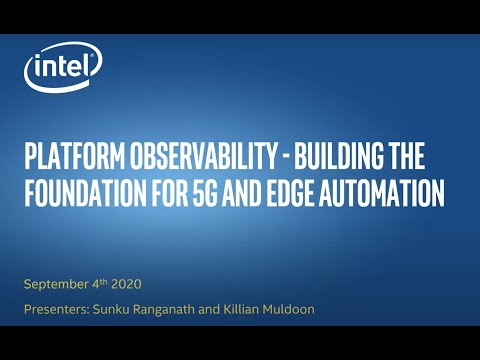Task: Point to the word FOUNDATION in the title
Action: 87,190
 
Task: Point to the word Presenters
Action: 57,310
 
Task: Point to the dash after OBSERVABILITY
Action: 272,157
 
